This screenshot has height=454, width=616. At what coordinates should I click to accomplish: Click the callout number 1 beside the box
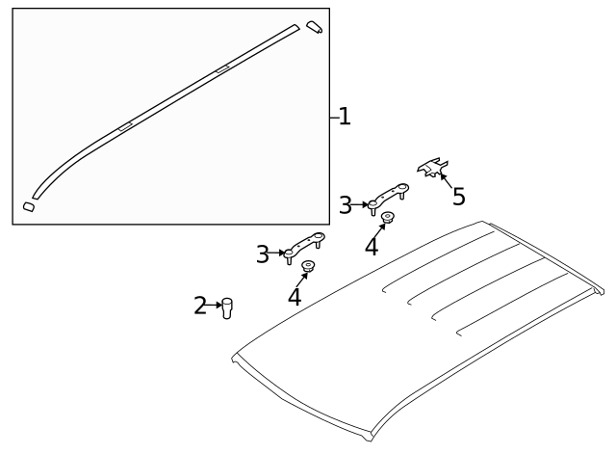click(345, 118)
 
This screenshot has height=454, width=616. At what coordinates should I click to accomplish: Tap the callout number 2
click(200, 307)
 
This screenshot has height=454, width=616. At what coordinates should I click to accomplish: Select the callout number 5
click(459, 197)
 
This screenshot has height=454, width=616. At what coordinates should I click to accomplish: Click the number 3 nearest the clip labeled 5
click(346, 204)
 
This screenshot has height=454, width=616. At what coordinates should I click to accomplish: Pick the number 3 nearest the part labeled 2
click(262, 254)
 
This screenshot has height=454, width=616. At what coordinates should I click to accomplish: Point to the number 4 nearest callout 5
click(372, 247)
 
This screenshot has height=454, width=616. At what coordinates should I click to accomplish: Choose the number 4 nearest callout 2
click(295, 297)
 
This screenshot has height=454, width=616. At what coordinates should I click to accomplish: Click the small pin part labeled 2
click(228, 307)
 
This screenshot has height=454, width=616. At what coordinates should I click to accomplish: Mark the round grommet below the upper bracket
click(388, 218)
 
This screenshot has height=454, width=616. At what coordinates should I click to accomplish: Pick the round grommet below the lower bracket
click(309, 266)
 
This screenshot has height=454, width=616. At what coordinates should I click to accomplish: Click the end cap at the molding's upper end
click(315, 27)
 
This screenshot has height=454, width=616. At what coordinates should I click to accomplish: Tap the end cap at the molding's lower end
click(29, 205)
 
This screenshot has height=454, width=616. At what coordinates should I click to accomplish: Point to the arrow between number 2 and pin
click(216, 307)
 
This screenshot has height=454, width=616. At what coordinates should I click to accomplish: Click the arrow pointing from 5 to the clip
click(447, 180)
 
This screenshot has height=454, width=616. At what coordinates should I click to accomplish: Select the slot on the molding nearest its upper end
click(222, 69)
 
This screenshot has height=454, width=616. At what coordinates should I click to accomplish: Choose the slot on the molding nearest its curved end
click(125, 126)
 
